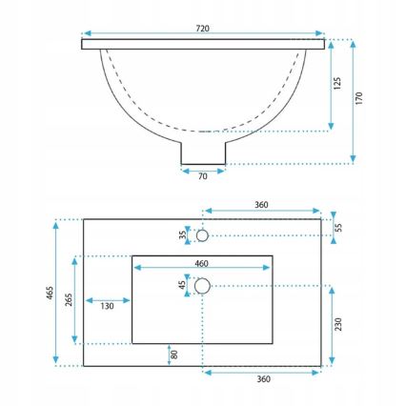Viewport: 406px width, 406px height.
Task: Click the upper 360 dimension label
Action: (265, 204)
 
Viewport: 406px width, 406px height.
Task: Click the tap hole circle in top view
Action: (202, 234)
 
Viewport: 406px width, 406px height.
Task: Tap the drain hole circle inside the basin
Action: (202, 285)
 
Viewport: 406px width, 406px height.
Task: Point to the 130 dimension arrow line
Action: (107, 302)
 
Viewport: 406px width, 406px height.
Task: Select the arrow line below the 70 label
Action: (203, 170)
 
